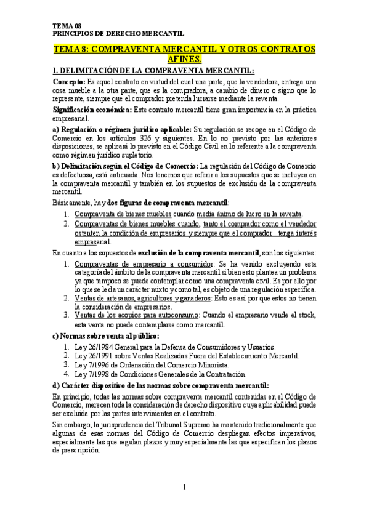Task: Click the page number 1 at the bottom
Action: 184,488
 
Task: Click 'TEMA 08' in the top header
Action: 67,26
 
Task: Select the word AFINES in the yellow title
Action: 184,59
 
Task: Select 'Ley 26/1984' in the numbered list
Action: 94,347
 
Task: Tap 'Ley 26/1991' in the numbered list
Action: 94,356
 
